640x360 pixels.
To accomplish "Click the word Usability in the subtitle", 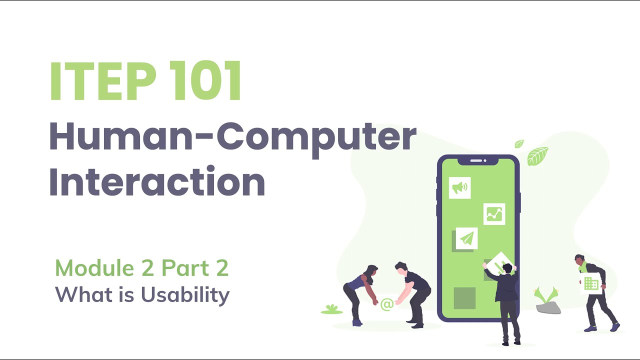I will tap(185, 294).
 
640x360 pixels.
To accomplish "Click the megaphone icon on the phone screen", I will tap(459, 187).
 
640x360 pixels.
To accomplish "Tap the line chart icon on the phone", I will tap(494, 214).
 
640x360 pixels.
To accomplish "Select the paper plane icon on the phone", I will tap(467, 239).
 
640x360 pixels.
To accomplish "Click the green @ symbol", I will tap(386, 304).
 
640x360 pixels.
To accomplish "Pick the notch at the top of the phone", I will tap(478, 161).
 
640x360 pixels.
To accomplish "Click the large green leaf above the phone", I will tap(537, 155).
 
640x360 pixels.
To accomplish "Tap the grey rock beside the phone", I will tap(548, 307).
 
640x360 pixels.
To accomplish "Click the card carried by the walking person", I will tap(591, 283).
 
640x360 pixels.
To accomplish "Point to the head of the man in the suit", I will tap(507, 268).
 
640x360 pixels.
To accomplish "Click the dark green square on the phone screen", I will tap(464, 297).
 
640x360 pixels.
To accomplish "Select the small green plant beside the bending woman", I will tap(331, 309).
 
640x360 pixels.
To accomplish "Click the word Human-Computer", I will tap(232, 137).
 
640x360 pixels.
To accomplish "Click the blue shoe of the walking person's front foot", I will tap(615, 327).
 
